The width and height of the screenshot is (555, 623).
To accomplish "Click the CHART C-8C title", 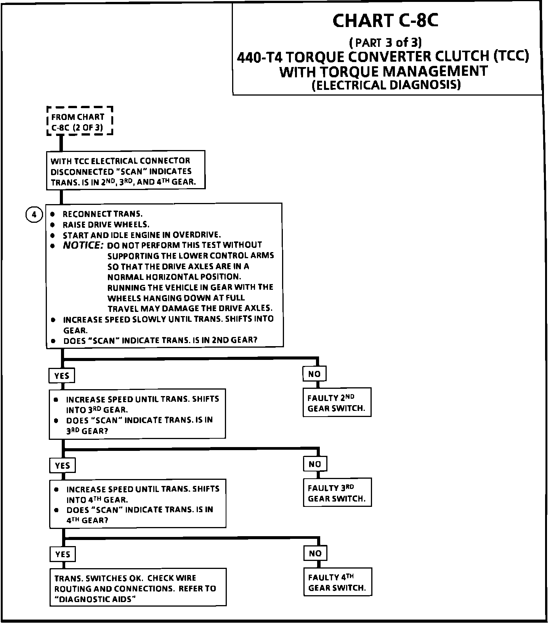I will tap(385, 21).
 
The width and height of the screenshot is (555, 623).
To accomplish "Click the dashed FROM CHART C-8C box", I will tap(80, 121).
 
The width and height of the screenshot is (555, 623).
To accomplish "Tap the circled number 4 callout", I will tap(34, 215).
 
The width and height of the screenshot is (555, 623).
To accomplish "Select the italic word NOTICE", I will tap(83, 245).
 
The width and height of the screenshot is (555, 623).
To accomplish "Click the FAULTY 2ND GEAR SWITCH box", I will tap(337, 403).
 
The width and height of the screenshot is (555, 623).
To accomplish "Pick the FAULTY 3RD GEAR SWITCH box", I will tap(337, 493).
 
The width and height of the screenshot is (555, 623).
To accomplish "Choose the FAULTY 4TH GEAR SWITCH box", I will tap(337, 582).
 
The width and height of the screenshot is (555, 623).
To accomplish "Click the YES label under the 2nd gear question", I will tap(62, 376).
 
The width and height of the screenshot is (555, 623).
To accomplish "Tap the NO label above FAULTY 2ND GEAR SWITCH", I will tap(314, 374).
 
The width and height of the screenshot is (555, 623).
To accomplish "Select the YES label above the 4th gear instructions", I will tap(63, 465).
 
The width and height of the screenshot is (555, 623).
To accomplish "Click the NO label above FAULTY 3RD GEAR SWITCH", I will tap(315, 464).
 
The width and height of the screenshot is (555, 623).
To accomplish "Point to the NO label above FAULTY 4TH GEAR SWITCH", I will tap(315, 553).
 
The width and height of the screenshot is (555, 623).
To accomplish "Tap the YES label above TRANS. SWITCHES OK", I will tap(63, 554).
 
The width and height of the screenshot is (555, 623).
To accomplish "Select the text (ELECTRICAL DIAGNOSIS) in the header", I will tap(386, 85).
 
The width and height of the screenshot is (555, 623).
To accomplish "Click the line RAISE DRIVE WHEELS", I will tap(106, 224).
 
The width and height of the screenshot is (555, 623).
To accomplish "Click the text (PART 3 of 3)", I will tap(385, 42).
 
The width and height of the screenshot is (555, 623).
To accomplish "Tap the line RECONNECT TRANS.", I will tap(103, 214).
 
